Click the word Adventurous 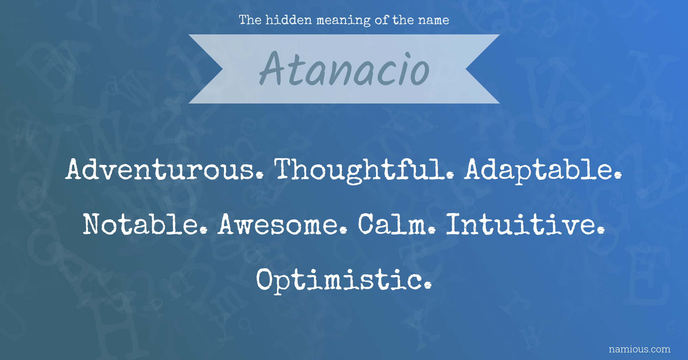point(165,169)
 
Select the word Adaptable point(543,171)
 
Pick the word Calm point(397,224)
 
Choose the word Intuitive point(525,224)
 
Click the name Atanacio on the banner point(344,69)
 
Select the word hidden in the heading point(289,20)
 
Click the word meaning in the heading point(343,21)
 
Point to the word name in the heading point(433,20)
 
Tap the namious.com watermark point(639,349)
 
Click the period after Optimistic point(428,285)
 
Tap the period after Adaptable point(618,175)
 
